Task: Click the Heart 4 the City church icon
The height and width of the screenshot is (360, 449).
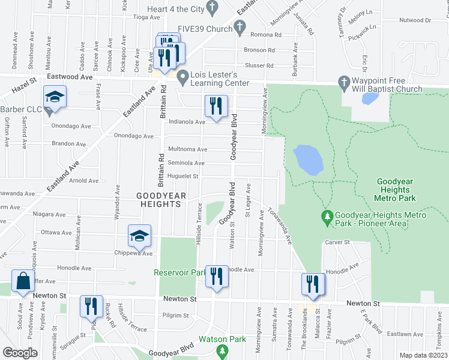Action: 211,7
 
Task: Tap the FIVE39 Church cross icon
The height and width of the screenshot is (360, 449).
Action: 240,26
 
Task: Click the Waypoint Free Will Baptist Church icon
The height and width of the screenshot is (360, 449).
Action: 345,82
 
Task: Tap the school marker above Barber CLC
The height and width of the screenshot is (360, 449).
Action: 55,98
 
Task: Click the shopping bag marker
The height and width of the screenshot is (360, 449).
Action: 22,281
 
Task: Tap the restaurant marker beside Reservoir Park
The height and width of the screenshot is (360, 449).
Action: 217,276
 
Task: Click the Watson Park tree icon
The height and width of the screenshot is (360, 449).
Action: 223,349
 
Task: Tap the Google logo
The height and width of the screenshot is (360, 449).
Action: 20,353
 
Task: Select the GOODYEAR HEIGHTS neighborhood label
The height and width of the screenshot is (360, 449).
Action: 158,200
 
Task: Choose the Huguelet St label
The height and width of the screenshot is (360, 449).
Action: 183,176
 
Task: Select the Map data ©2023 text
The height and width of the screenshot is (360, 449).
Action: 423,355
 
